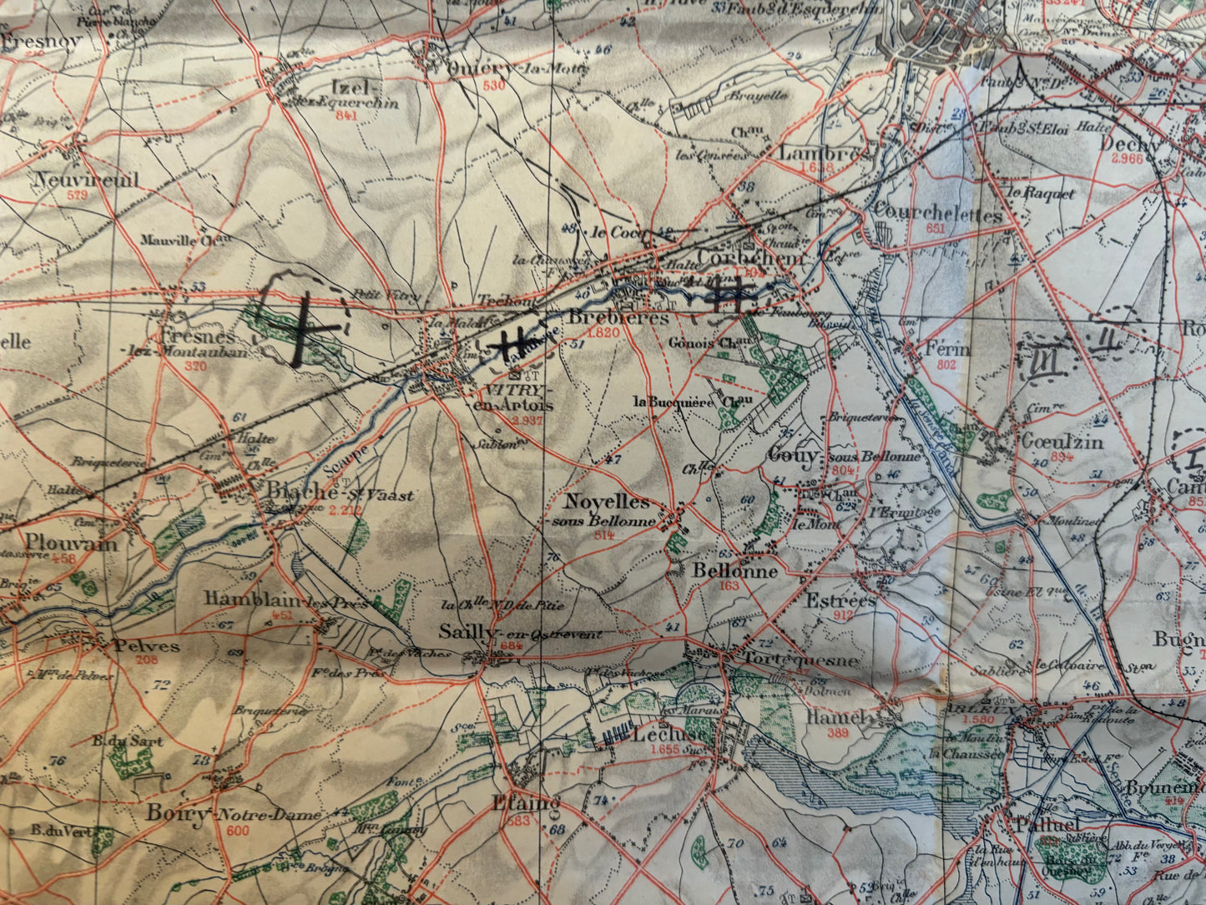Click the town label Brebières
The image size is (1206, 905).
(618, 318)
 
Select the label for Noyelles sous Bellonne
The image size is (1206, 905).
(607, 503)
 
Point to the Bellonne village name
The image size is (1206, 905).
(734, 572)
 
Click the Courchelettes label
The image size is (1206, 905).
(938, 215)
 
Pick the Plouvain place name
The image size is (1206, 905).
(70, 543)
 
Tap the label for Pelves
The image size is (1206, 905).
(146, 645)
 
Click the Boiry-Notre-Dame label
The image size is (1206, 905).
(233, 814)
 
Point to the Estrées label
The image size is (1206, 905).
(840, 600)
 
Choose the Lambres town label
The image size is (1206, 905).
(820, 154)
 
